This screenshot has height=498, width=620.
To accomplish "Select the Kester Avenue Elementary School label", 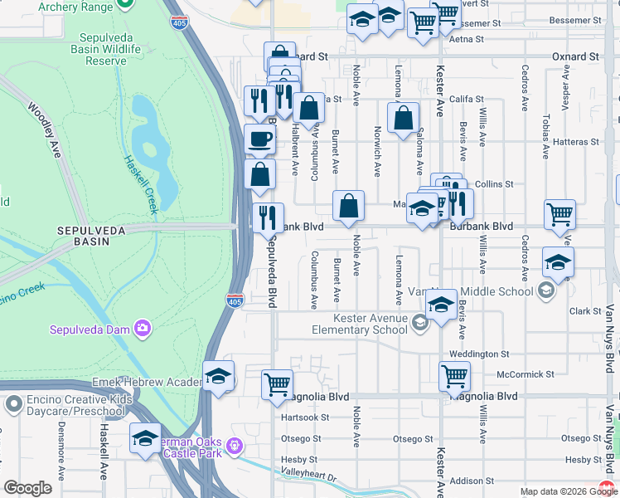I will pyautogui.click(x=371, y=324).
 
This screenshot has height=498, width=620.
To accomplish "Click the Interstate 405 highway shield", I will pyautogui.click(x=236, y=300).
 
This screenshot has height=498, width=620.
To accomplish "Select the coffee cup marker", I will pyautogui.click(x=259, y=139).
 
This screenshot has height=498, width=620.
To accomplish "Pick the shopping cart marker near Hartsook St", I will pyautogui.click(x=277, y=384).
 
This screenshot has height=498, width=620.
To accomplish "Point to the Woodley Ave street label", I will pyautogui.click(x=46, y=130).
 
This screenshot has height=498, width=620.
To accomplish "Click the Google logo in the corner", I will pyautogui.click(x=27, y=488).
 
